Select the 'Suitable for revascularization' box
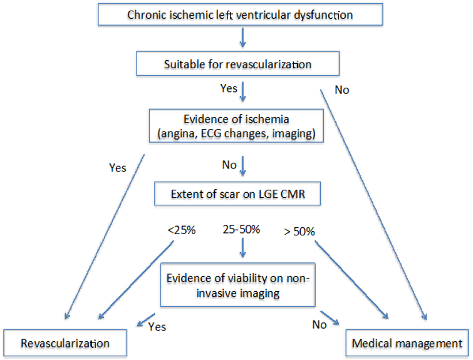238,64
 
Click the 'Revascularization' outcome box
65,343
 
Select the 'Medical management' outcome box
407,343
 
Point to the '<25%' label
182,230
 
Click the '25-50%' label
241,230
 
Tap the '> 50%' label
298,232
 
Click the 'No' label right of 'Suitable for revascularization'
341,90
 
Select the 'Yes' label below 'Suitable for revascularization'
228,88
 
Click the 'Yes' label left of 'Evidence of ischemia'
117,168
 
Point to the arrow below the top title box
242,41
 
